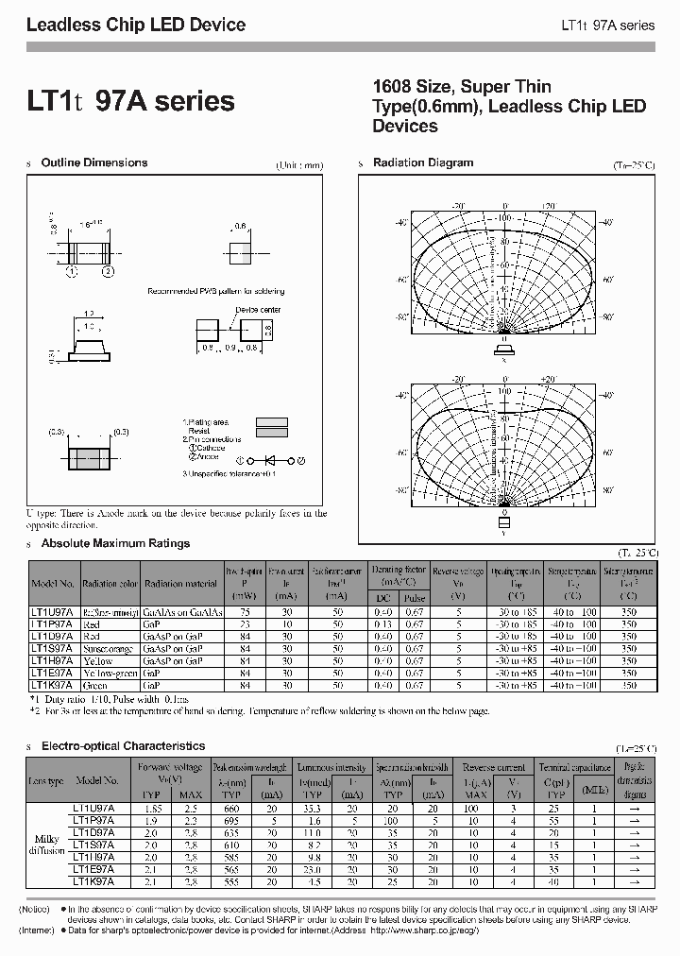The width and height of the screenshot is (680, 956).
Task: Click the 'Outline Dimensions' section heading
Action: (94, 162)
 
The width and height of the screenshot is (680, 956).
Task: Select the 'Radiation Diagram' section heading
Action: (423, 162)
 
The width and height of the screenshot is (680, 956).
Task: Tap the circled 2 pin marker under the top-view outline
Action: (109, 272)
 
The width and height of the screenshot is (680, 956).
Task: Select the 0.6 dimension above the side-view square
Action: (240, 227)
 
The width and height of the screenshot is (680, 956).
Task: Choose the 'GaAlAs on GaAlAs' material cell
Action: (182, 612)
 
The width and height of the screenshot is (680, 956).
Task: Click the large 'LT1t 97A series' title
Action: (130, 101)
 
